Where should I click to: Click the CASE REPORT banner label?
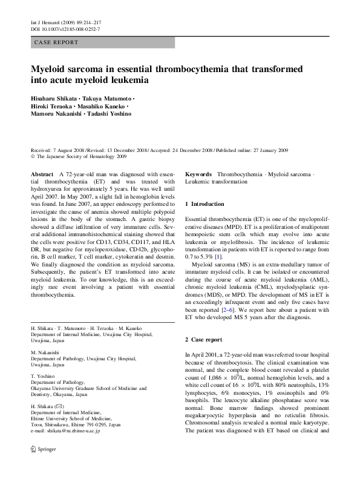coord(57,43)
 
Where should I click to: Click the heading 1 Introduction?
coord(205,204)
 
